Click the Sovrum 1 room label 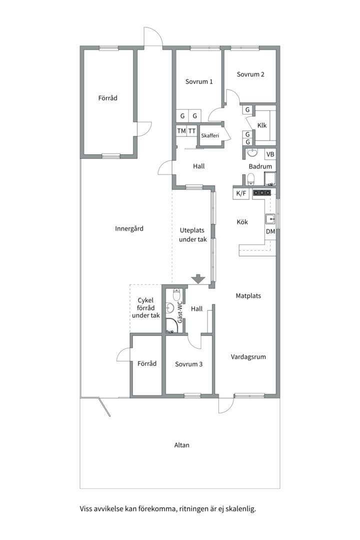click(199, 81)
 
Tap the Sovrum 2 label click(250, 74)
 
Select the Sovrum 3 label click(188, 364)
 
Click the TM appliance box click(181, 131)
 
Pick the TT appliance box click(192, 131)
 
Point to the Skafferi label click(210, 135)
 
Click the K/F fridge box click(241, 193)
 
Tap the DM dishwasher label click(270, 232)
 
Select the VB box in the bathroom click(270, 154)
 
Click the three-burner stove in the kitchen click(262, 193)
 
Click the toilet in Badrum click(251, 178)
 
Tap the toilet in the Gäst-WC click(176, 294)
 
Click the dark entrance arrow click(198, 278)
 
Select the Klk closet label click(262, 125)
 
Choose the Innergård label click(129, 228)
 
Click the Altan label click(181, 445)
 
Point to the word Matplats click(248, 296)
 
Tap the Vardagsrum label click(248, 357)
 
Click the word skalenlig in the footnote click(243, 508)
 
